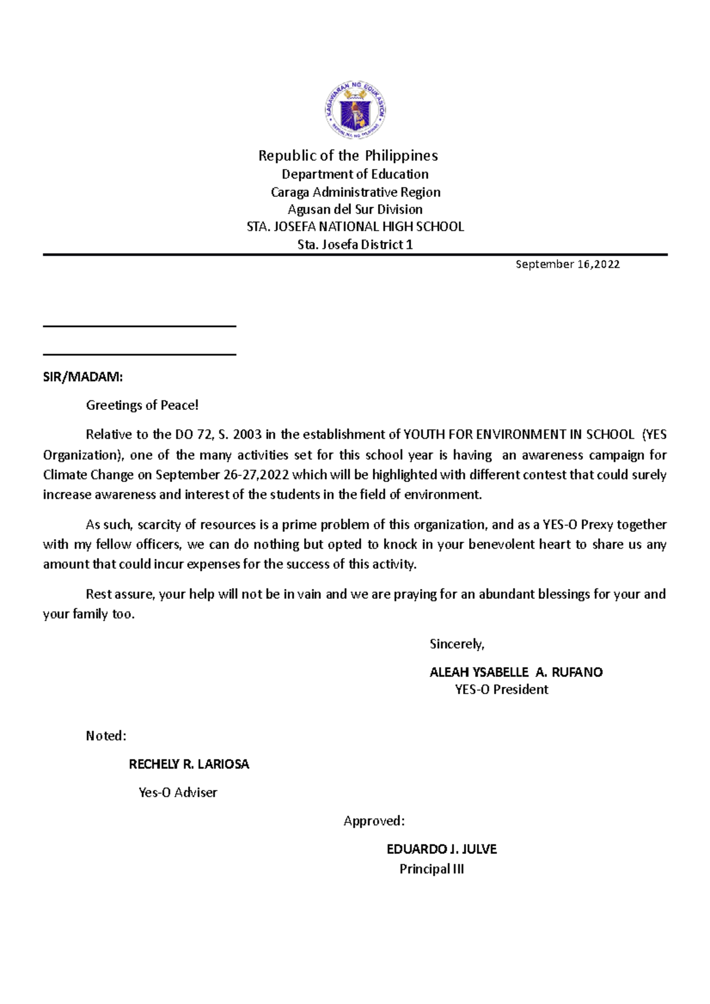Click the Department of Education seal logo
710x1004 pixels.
tap(355, 111)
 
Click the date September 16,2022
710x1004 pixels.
tap(567, 264)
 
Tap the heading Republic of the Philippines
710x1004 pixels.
tap(348, 156)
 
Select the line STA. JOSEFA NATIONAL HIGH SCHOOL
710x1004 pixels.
tap(355, 226)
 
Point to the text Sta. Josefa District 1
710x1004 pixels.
tap(355, 244)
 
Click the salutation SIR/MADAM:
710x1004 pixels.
tap(83, 377)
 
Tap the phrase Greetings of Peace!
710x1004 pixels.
tap(142, 405)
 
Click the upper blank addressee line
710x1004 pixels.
tap(140, 326)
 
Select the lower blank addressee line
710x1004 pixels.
tap(140, 354)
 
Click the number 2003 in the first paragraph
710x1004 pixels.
tap(247, 435)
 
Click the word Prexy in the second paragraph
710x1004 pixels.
tap(596, 524)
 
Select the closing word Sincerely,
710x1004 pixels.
tap(457, 644)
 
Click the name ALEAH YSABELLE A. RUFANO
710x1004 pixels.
tap(516, 672)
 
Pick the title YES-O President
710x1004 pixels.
tap(501, 689)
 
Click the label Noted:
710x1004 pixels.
tap(106, 736)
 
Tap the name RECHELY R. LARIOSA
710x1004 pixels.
tap(189, 765)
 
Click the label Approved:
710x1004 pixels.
tap(374, 821)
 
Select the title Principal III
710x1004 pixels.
tap(431, 869)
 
